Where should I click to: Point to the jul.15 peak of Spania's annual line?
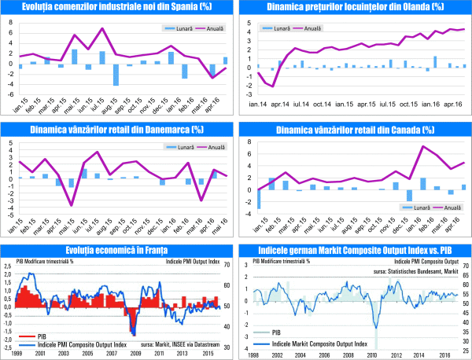[102, 28]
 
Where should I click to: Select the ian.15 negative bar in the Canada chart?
[260, 199]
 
